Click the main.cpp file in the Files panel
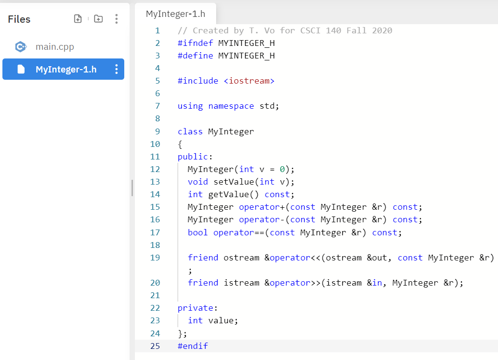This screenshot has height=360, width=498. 55,47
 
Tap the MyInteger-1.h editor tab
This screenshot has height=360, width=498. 176,14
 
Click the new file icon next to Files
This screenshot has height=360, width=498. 78,19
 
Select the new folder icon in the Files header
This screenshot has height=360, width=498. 98,19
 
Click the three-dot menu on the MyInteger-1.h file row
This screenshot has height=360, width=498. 116,69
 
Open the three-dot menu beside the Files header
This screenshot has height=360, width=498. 116,19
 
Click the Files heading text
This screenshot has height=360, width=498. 19,19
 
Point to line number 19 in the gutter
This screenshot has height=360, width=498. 155,258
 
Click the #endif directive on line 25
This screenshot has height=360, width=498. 192,346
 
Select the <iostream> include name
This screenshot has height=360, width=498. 249,81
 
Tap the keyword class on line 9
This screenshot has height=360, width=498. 190,131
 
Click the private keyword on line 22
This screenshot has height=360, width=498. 195,308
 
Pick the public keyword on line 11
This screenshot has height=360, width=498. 192,157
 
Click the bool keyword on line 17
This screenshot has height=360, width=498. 198,232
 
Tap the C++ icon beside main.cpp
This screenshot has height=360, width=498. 20,47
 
